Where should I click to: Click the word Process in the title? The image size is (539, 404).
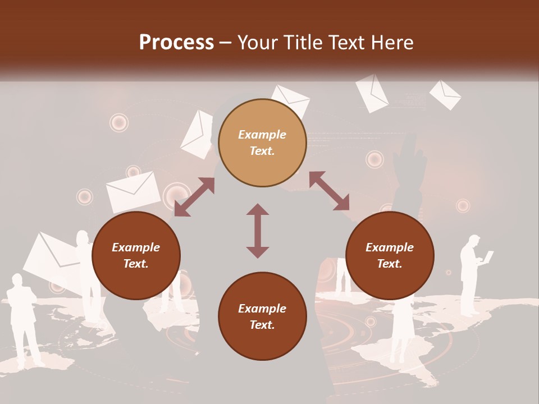point(176,43)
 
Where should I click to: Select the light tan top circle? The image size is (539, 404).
point(262,143)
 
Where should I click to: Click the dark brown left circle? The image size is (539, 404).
point(136,255)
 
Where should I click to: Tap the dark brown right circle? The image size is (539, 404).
point(390,255)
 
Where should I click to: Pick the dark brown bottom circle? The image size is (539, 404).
point(262,316)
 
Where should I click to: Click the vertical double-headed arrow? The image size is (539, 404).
point(258,231)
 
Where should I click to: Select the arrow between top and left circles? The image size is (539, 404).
point(194,198)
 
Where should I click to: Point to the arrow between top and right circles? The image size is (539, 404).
point(329,191)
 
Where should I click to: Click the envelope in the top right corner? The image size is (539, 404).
point(445,94)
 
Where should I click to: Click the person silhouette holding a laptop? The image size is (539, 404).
point(472,275)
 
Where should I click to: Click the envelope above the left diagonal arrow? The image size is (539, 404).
point(133,191)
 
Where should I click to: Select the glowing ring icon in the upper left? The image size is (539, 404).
point(118,122)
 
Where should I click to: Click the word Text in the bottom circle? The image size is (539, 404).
point(262,325)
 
